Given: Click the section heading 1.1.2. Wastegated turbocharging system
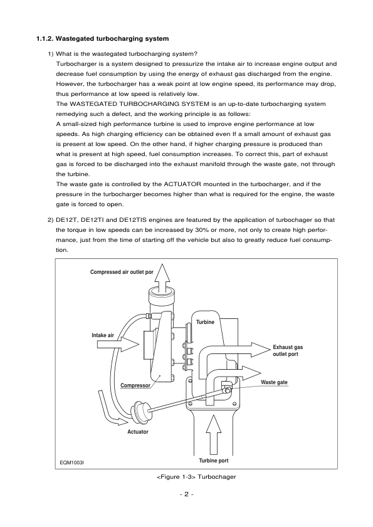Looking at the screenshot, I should click(x=103, y=39).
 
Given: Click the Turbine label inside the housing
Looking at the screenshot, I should click(x=205, y=321).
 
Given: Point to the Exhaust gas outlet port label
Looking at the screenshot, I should click(x=288, y=350).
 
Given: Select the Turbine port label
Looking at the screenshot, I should click(x=214, y=459).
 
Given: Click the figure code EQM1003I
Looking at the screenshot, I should click(x=71, y=463).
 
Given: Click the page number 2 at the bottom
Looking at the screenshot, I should click(x=186, y=494).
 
